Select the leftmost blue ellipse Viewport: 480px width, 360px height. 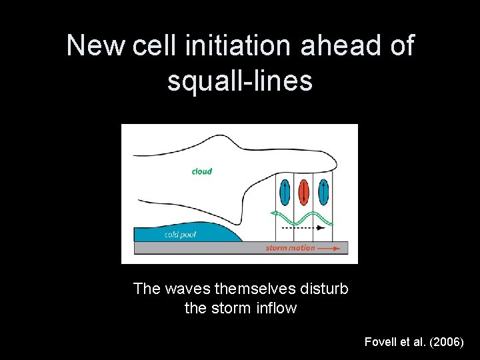(x=285, y=192)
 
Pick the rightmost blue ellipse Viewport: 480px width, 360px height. (x=323, y=192)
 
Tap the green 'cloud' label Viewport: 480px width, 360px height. (x=201, y=171)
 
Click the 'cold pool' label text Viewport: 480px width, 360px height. (x=179, y=235)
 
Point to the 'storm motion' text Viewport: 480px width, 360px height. (x=290, y=248)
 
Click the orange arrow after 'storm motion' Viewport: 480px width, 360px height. (x=331, y=248)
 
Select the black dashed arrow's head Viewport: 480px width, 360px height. (x=322, y=227)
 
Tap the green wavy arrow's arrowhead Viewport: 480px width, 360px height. (x=273, y=213)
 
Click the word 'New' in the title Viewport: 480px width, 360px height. (x=96, y=46)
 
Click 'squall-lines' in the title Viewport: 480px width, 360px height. (x=240, y=81)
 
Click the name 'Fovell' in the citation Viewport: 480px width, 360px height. (x=380, y=341)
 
